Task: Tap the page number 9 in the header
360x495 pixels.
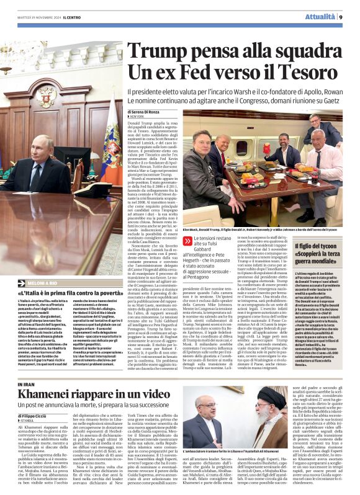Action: tap(341, 17)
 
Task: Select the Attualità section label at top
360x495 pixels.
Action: tap(318, 17)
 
